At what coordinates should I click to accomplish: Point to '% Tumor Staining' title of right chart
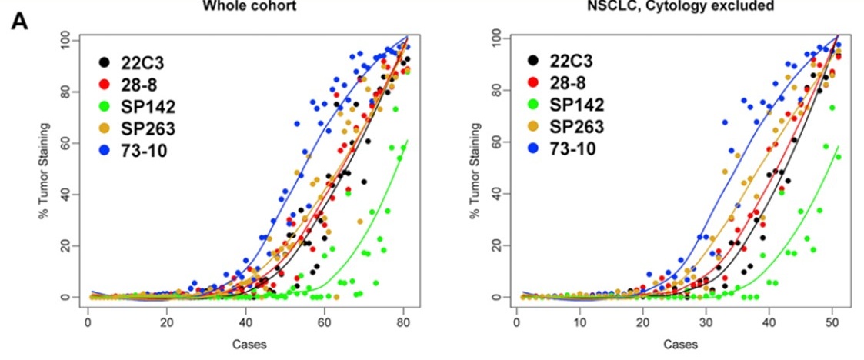pyautogui.click(x=470, y=168)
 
